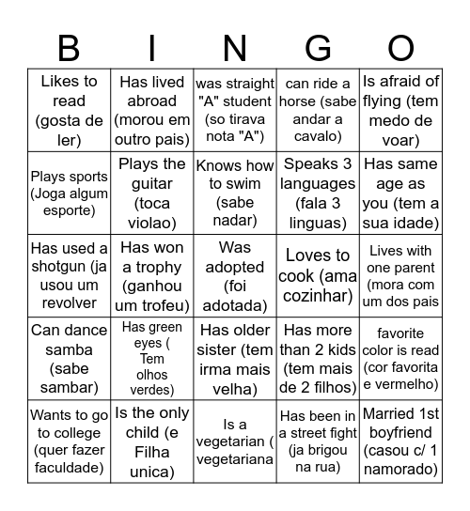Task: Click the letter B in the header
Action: coord(69,46)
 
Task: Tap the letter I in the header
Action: coord(152,46)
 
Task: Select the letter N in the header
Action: coord(235,46)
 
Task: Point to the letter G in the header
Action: coord(318,46)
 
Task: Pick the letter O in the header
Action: coord(401,46)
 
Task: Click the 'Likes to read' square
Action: coord(69,110)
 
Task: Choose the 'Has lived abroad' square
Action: coord(152,110)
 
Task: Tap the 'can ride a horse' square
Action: coord(318,110)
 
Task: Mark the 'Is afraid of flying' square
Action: coord(401,110)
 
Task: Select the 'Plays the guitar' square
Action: coord(152,193)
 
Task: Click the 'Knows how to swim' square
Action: coord(235,193)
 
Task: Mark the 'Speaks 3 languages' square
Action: coord(318,193)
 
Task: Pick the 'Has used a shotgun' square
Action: coord(69,275)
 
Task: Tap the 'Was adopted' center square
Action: coord(235,275)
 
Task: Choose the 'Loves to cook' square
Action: coord(318,275)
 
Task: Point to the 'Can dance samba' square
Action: coord(69,358)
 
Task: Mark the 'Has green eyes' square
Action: coord(152,358)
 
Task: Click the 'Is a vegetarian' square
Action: coord(235,441)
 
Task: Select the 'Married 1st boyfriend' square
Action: coord(401,441)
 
